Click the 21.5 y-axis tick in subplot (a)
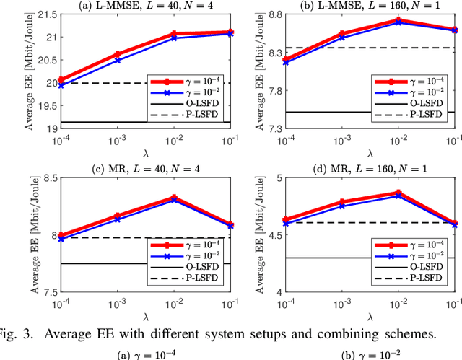(45, 15)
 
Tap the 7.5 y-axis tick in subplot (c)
(48, 293)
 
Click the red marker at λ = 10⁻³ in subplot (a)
(117, 54)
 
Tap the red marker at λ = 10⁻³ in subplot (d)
(341, 203)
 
